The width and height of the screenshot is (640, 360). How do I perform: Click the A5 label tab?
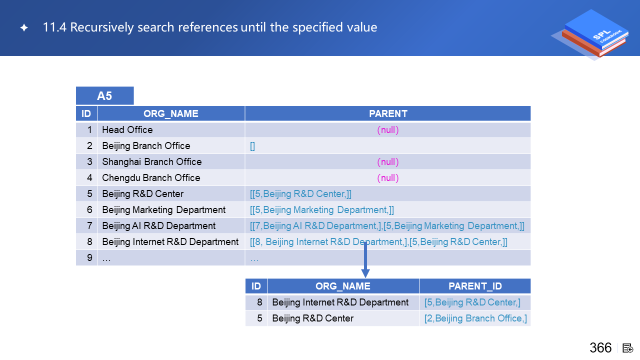(104, 95)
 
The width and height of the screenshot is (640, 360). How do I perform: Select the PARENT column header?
(387, 113)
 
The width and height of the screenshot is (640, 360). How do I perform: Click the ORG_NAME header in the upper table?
(171, 113)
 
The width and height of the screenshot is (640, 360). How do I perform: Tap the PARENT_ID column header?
(475, 286)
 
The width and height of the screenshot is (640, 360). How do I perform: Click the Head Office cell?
(127, 129)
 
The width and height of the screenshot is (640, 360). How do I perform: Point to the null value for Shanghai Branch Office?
(387, 161)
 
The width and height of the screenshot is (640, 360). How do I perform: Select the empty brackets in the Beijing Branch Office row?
(252, 146)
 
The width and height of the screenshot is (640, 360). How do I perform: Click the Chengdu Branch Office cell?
(151, 177)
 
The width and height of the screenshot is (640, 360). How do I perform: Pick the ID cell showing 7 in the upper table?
(86, 225)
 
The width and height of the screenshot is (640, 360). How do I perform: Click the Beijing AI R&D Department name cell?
(159, 225)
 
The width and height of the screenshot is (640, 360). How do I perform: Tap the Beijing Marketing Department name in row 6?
(163, 209)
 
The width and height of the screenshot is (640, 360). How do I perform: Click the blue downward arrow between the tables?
(365, 259)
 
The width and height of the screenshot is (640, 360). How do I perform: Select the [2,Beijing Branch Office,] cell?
(475, 318)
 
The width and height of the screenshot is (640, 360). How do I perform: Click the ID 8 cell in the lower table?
(256, 302)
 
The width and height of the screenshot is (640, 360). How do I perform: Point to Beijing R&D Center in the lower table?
(313, 318)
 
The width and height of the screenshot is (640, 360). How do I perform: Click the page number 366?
(600, 347)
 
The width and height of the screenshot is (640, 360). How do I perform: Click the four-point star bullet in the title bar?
(24, 27)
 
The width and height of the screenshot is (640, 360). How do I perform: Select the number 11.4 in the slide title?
(54, 27)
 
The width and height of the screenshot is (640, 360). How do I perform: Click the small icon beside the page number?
(627, 348)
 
